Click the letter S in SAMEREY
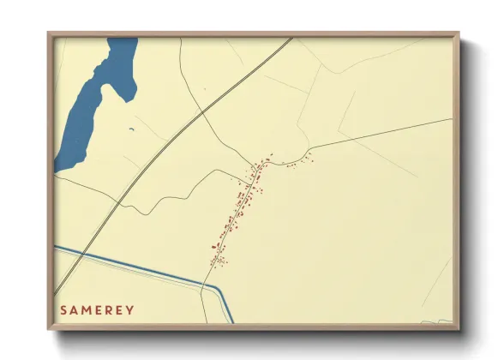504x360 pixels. point(63,309)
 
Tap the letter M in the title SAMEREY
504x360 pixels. point(87,309)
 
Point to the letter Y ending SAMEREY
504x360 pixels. point(130,309)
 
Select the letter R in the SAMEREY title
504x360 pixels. point(109,309)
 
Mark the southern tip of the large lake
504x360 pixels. point(58,169)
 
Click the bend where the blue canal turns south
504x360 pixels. point(222,290)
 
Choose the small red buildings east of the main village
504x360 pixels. point(296,162)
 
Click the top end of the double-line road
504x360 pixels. point(291,38)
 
